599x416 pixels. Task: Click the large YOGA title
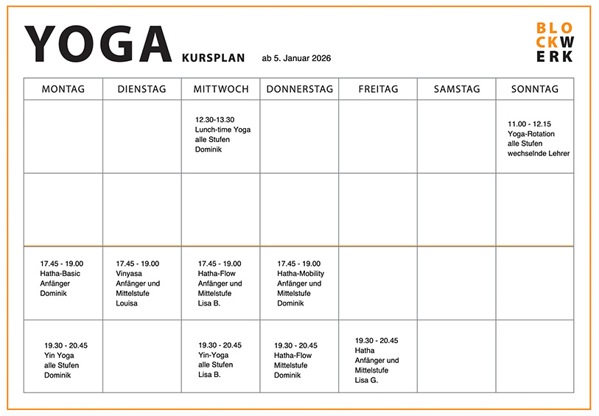click(x=99, y=45)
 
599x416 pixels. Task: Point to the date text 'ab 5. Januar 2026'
click(x=296, y=58)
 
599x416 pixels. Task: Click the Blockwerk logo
click(x=554, y=42)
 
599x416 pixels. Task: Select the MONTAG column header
click(x=63, y=89)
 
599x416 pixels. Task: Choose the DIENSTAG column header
click(x=142, y=89)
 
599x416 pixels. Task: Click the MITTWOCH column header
click(x=221, y=89)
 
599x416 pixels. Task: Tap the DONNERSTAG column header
click(x=299, y=89)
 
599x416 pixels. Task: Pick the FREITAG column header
click(x=378, y=89)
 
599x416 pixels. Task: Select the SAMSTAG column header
click(x=456, y=89)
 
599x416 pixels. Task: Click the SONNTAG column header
click(x=535, y=89)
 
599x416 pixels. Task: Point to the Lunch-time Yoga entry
click(x=223, y=134)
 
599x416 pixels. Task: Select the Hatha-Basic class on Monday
click(x=62, y=278)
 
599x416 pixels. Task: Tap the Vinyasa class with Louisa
click(x=139, y=283)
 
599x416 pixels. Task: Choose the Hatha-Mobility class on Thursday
click(x=301, y=283)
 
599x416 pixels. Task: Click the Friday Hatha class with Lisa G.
click(x=376, y=361)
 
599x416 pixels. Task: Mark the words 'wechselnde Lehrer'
click(x=539, y=153)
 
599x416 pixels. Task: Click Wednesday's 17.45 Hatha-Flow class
click(x=220, y=283)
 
